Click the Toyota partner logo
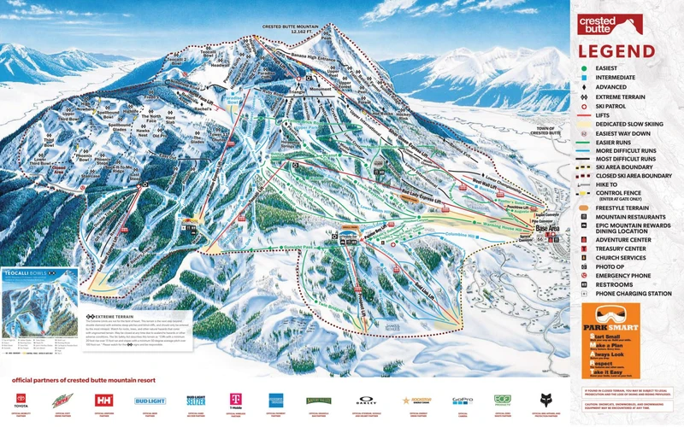pos(21,400)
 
